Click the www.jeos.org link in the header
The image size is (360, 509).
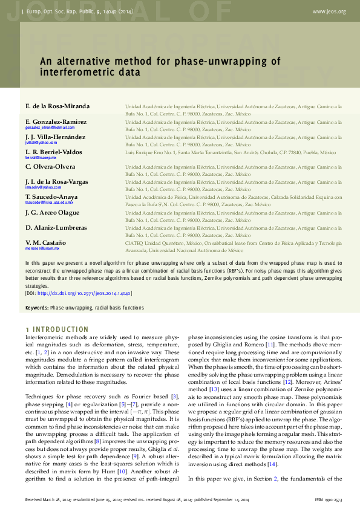tap(329, 11)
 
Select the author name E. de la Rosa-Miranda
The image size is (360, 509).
tap(57, 106)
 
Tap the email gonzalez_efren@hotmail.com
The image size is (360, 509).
tap(50, 128)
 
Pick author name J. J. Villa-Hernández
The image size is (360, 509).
tap(58, 137)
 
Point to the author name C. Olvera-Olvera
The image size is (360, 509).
tap(50, 166)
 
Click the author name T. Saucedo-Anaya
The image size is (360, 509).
tap(51, 196)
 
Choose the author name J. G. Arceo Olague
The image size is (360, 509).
tap(53, 212)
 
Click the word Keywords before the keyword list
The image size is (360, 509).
tap(36, 308)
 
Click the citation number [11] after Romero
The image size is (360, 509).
tap(271, 345)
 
